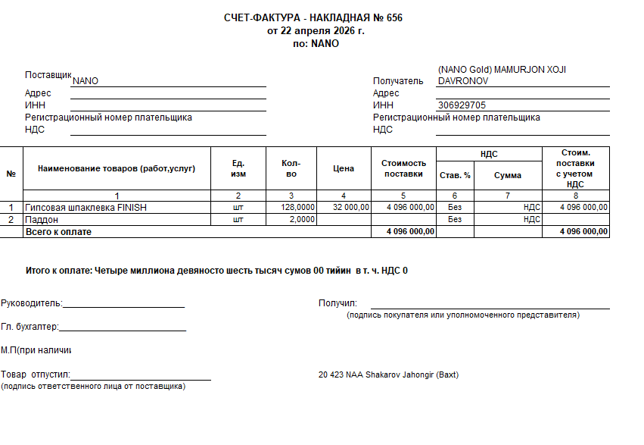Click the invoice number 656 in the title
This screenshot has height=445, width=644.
(x=394, y=18)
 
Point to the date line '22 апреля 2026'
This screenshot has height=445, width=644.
(x=316, y=31)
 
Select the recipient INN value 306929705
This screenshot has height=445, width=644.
(x=462, y=105)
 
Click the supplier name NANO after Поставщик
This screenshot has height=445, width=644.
(x=86, y=81)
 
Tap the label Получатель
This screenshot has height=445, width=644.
(x=398, y=81)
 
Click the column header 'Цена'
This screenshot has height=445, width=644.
(x=344, y=168)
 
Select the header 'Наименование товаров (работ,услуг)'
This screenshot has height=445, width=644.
(x=117, y=168)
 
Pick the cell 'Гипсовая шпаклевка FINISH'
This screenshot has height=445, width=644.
(x=86, y=207)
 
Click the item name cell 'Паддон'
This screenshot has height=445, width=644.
(x=42, y=219)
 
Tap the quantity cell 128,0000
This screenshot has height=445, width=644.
(x=297, y=207)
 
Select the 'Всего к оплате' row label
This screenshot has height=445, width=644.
(x=58, y=231)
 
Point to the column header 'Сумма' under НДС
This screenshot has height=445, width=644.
(x=508, y=175)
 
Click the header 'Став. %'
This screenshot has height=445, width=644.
(x=455, y=175)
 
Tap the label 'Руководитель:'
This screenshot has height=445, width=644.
(x=31, y=303)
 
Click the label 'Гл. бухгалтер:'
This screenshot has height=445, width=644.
(x=30, y=327)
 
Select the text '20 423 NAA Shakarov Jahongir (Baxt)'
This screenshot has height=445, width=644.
(x=389, y=374)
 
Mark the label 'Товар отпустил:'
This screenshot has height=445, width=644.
(x=36, y=374)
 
